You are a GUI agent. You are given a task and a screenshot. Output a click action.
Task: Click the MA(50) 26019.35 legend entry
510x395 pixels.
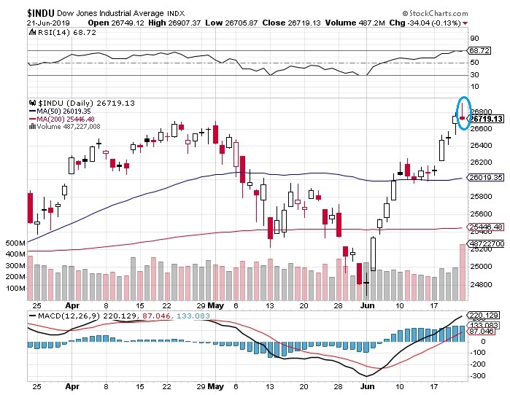(x=66, y=112)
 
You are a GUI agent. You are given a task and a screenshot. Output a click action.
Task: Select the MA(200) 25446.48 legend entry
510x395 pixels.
(x=68, y=119)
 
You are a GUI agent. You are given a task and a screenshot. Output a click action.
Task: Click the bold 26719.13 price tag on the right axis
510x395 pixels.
(x=487, y=119)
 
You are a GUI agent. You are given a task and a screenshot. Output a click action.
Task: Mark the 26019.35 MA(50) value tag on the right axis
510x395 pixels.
(x=487, y=177)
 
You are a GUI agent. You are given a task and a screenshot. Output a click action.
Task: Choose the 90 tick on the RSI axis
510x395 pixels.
(x=474, y=38)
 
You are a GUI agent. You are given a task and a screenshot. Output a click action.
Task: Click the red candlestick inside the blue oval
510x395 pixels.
(x=462, y=117)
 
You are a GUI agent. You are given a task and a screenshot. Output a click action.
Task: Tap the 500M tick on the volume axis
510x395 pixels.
(x=15, y=243)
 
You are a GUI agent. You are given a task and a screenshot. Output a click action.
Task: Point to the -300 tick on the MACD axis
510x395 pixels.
(x=479, y=376)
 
